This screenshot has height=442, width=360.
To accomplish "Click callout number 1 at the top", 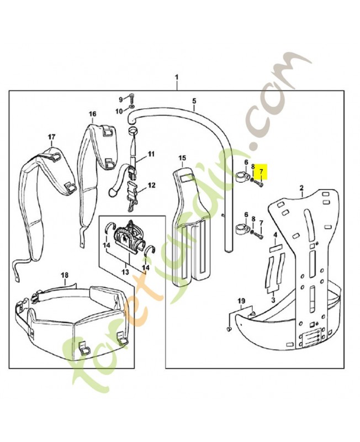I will point(177,77).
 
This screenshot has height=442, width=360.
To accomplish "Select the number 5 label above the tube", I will point(194,101).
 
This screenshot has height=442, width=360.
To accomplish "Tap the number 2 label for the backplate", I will point(301,188).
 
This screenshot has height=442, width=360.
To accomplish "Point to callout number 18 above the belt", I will point(65,275).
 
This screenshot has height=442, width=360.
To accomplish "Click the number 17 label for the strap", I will point(51,136).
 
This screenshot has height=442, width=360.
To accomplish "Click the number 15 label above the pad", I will point(182,158).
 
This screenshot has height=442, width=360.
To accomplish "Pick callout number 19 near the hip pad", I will point(241,301).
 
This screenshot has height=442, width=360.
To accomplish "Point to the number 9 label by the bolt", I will point(121,99).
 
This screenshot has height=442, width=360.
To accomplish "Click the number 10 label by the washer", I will point(120,111).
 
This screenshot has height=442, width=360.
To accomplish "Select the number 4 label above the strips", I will point(275,235).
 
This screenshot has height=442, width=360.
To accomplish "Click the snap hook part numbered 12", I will point(131,201).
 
